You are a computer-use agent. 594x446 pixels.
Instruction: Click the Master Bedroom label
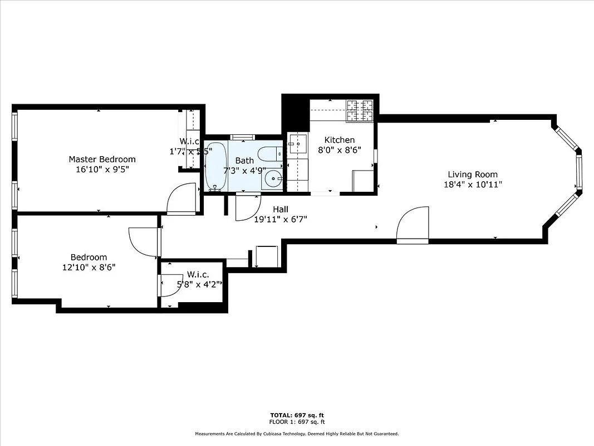[102, 159]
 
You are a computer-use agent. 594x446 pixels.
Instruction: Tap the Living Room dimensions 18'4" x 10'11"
[473, 185]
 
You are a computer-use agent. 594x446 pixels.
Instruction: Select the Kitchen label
[340, 140]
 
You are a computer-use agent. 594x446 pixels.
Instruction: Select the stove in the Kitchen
[360, 110]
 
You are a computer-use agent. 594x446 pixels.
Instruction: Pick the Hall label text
[280, 209]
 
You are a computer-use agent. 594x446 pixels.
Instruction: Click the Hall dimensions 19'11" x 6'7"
[280, 219]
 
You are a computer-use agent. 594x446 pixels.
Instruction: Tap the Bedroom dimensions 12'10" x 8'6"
[89, 267]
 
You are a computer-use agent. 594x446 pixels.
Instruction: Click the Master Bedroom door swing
[181, 198]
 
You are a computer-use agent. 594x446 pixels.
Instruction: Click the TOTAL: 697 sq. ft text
[297, 415]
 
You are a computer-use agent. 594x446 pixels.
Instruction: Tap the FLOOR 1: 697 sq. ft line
[297, 421]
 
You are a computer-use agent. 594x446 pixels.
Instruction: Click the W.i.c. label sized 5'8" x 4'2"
[198, 274]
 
